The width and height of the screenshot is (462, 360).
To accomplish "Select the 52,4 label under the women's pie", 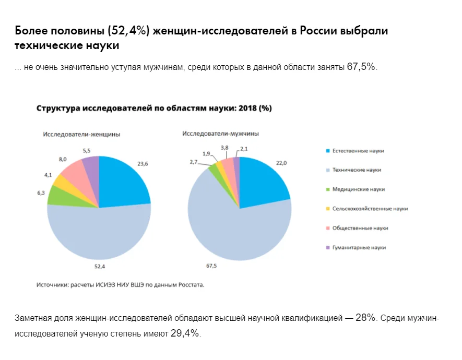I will tap(100, 266).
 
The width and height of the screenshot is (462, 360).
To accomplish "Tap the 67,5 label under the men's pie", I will tap(211, 266).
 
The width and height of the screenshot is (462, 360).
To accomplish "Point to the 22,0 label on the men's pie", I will tap(281, 163).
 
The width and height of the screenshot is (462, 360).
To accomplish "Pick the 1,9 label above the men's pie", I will tap(206, 153).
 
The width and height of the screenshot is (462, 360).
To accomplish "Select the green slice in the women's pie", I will tap(57, 195).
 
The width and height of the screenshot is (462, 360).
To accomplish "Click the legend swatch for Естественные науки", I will tap(327, 151).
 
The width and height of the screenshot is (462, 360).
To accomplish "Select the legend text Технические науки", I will tap(357, 170).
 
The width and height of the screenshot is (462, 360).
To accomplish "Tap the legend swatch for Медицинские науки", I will tap(327, 189).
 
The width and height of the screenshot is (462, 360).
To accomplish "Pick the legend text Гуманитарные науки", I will tap(359, 247).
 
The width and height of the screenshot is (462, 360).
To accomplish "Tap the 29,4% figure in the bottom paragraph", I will tap(185, 333).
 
